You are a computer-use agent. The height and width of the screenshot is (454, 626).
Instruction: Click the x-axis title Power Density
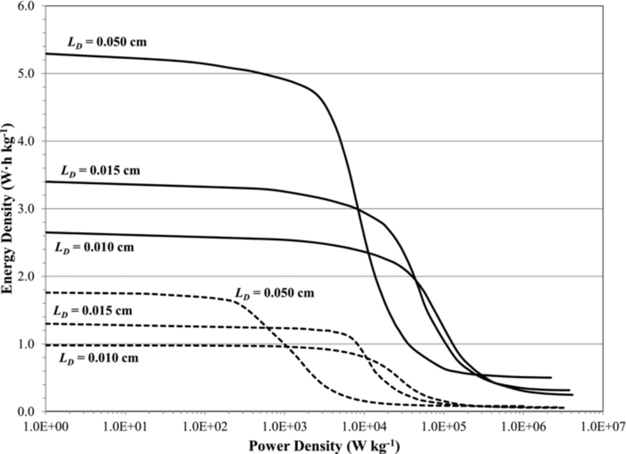coord(324,446)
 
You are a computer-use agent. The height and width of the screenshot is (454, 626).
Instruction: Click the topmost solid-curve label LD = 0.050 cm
coord(107,42)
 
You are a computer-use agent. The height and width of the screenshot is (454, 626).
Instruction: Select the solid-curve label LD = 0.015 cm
coord(101,171)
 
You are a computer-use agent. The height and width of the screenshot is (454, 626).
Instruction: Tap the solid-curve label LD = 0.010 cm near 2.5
coord(94,248)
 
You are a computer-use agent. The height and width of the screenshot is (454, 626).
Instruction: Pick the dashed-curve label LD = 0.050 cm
coord(274,293)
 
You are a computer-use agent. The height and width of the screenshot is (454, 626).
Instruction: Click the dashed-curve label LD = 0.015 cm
coord(93,311)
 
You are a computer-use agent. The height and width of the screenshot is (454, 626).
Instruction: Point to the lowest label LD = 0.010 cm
coord(99,358)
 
